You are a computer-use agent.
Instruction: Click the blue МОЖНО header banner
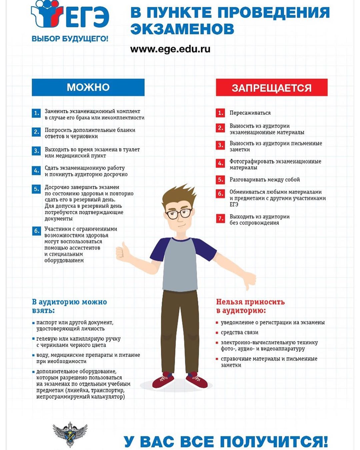tap(88, 87)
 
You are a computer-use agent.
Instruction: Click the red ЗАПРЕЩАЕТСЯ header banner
tap(271, 88)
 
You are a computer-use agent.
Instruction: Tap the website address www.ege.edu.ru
tap(170, 49)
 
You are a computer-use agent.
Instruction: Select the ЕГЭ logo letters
tap(87, 17)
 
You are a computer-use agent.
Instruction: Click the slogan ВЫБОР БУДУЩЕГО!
tap(70, 39)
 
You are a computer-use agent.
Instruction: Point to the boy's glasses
tap(179, 213)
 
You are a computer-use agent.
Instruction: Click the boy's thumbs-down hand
tap(250, 280)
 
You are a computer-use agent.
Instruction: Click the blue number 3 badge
tap(36, 151)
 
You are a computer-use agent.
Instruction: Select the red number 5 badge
tap(220, 180)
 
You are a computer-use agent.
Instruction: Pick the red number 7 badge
tap(220, 219)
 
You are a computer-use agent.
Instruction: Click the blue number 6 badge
tap(36, 231)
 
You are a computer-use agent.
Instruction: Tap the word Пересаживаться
tap(250, 113)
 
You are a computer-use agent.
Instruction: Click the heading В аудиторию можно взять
tap(69, 306)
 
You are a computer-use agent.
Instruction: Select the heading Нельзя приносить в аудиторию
tap(250, 306)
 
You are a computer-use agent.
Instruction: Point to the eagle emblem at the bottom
tap(70, 434)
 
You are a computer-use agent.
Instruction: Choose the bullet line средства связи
tap(239, 332)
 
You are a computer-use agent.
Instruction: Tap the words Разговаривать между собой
tap(265, 180)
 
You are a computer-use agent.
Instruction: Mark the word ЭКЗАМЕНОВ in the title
tap(182, 29)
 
